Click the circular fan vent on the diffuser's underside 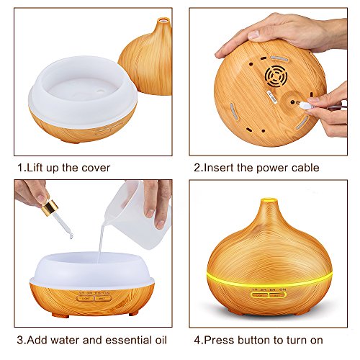(276, 75)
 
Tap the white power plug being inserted (305, 105)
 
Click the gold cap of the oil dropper (50, 207)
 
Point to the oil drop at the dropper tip (71, 237)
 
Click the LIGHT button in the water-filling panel (86, 299)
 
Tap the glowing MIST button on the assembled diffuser (277, 295)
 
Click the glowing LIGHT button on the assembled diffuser (260, 295)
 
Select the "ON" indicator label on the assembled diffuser (283, 289)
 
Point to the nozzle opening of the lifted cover (163, 19)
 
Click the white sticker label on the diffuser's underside (271, 96)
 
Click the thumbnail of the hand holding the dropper (42, 199)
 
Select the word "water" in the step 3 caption (65, 340)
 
